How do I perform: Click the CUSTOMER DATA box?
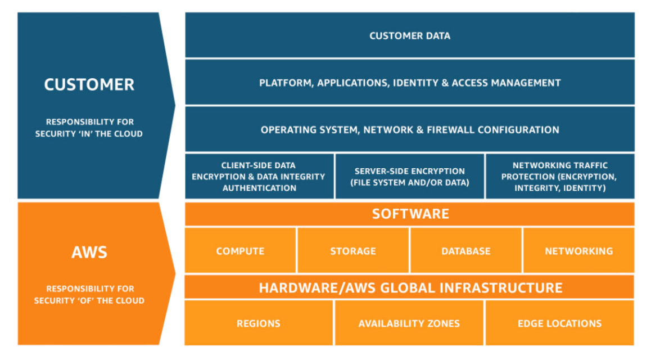(410, 35)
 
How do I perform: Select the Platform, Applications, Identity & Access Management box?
(410, 83)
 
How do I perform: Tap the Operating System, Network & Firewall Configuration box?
(410, 129)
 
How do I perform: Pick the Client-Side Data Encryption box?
(259, 177)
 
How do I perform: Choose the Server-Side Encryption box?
(410, 177)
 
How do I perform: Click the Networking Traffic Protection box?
(560, 177)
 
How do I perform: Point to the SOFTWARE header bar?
(410, 214)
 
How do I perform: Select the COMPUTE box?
(240, 251)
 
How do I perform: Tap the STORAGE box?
(353, 251)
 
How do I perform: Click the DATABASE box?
(466, 251)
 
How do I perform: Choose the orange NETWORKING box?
(578, 251)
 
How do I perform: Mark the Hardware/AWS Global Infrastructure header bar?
(410, 288)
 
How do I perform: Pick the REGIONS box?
(259, 323)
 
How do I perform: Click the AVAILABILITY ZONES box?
(409, 323)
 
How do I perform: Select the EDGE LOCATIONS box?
(559, 323)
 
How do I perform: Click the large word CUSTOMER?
(89, 85)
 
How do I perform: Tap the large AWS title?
(89, 251)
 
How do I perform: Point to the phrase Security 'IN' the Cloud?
(89, 134)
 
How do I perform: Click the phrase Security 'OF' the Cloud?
(89, 301)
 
